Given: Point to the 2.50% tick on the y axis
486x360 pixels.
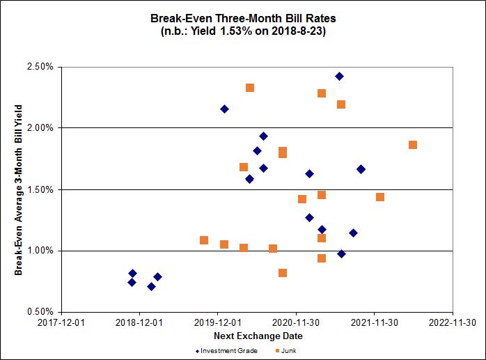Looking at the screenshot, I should click(40, 67).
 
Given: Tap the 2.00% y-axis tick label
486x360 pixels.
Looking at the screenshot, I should click(40, 128).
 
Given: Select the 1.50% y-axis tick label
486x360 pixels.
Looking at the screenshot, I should click(40, 189).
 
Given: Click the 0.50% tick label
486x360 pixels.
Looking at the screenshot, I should click(40, 312).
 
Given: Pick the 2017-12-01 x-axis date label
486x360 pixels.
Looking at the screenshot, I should click(61, 322).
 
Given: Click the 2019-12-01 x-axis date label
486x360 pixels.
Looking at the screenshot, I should click(218, 322).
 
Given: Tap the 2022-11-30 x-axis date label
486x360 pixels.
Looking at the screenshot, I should click(453, 322).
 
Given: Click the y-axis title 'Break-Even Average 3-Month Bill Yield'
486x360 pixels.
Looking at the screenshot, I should click(19, 189).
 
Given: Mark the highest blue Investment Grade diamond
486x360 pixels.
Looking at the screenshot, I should click(339, 76).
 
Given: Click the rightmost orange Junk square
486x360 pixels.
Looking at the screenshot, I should click(413, 145).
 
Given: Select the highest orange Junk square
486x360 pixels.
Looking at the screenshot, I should click(250, 88).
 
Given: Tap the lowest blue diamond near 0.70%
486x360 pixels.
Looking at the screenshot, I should click(151, 286).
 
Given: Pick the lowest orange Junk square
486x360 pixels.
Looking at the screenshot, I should click(283, 273).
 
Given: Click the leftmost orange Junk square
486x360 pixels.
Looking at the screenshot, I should click(204, 240).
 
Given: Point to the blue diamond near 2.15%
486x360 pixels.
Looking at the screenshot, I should click(224, 109).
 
